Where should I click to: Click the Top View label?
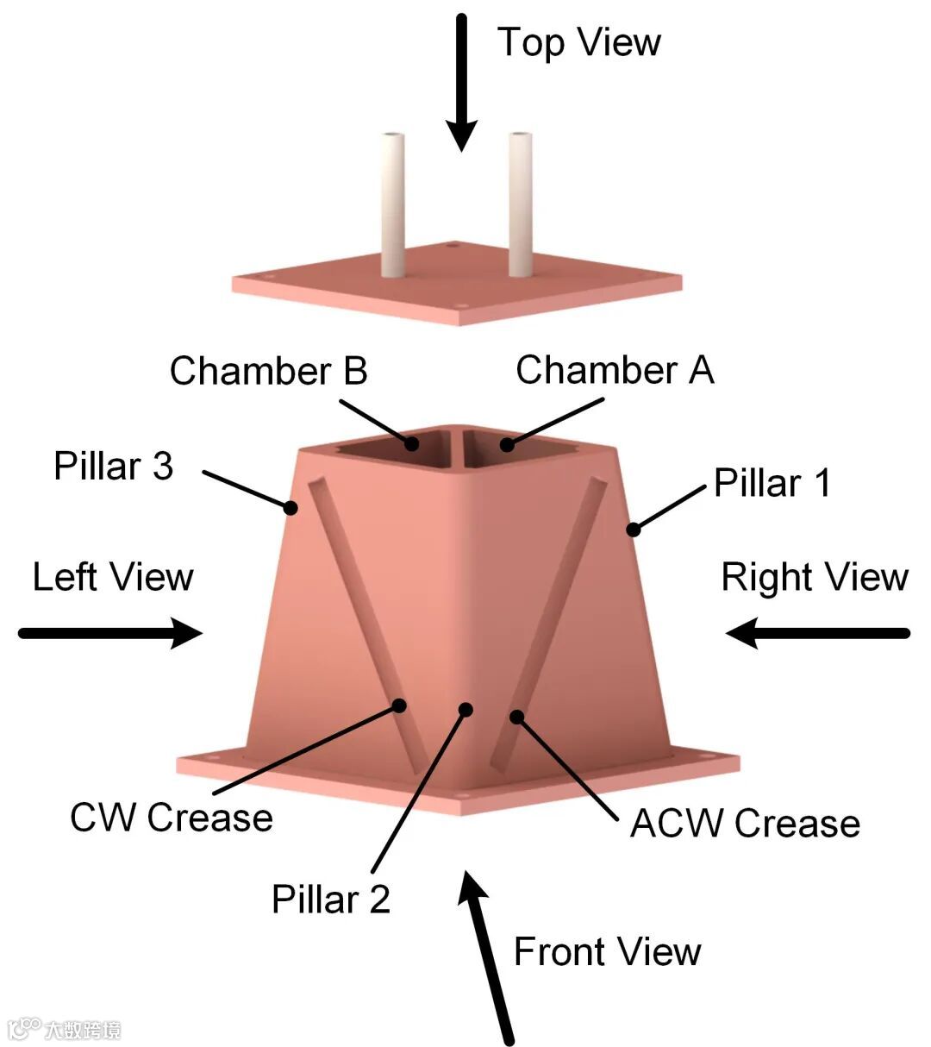click(x=578, y=42)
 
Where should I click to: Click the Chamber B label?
click(x=268, y=371)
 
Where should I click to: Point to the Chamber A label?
click(x=615, y=370)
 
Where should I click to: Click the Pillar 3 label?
click(x=113, y=466)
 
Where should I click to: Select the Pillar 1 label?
click(x=772, y=483)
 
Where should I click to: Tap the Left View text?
click(x=113, y=577)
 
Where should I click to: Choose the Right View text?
click(x=815, y=577)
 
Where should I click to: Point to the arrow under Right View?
click(x=817, y=633)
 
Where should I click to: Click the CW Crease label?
click(x=171, y=818)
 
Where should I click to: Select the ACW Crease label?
click(x=745, y=824)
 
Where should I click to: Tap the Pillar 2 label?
click(x=331, y=900)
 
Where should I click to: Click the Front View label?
click(x=607, y=952)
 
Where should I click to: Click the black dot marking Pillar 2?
click(x=466, y=710)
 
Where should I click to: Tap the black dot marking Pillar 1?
click(x=634, y=529)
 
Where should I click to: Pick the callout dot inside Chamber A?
click(x=507, y=445)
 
